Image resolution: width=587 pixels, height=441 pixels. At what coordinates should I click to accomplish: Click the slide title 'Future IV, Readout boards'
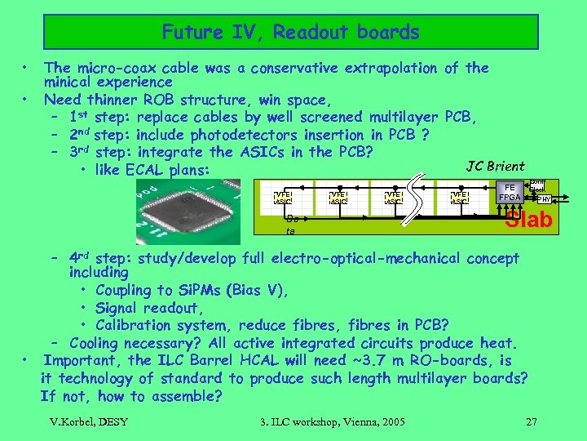pos(290,33)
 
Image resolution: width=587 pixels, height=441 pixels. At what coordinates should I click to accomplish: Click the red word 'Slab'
pos(529,220)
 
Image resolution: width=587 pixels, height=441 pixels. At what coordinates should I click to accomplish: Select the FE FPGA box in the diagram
pos(511,193)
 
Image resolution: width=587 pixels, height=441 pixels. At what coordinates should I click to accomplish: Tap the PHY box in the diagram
pos(544,198)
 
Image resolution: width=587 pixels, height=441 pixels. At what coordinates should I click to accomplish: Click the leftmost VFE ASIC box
pos(283,197)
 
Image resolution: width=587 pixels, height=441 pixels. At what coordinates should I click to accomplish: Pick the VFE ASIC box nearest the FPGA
pos(461,197)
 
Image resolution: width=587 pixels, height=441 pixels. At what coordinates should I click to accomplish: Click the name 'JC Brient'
pos(495,167)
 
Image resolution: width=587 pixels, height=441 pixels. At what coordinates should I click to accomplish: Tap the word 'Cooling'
pos(99,343)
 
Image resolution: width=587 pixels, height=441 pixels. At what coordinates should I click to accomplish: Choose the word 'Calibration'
pos(135,325)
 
